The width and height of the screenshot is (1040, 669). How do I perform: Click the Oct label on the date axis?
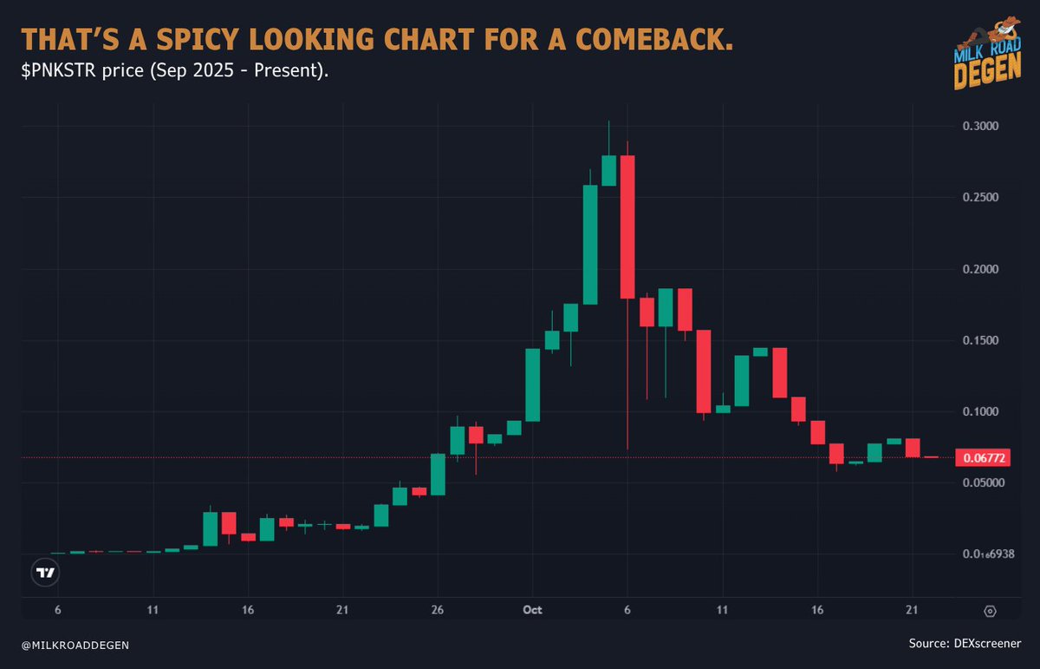pos(533,610)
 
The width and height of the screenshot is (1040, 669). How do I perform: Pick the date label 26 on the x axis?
pos(438,610)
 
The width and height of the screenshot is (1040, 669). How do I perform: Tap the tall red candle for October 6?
pos(627,226)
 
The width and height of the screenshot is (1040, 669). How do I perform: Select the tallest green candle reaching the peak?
pos(608,169)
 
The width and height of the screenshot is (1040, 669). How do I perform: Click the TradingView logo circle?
pos(44,573)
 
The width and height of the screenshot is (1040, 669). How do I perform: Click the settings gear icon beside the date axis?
pos(991,611)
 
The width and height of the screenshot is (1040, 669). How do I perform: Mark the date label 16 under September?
pos(247,610)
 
